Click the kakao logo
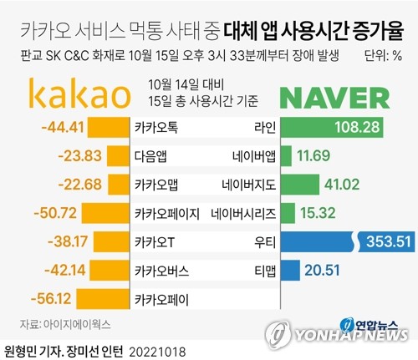(79, 94)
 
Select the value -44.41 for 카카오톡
(63, 128)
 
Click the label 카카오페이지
(167, 213)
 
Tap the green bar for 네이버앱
(287, 156)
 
